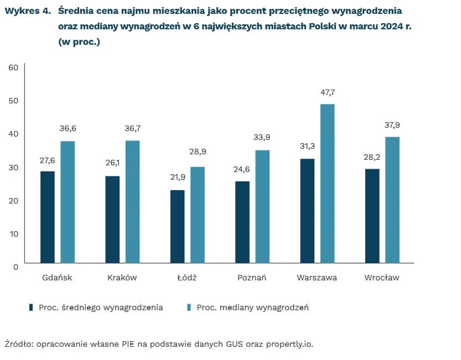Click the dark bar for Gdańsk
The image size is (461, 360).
tap(48, 217)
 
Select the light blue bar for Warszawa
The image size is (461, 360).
tap(327, 184)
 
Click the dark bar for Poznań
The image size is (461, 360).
tap(242, 222)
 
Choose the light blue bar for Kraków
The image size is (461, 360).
tap(132, 202)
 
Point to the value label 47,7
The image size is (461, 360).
tap(328, 92)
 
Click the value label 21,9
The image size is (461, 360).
tap(177, 178)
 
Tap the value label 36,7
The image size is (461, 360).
tap(133, 128)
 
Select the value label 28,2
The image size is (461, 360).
tap(372, 157)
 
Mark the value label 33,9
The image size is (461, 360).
tap(262, 138)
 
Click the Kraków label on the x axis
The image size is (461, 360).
tap(122, 278)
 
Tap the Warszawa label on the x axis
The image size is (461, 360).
tap(317, 278)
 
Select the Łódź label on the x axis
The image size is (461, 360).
tap(187, 278)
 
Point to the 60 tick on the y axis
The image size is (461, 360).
tap(13, 67)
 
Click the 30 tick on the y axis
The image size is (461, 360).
tap(13, 167)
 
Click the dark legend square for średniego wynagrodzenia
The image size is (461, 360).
tap(32, 307)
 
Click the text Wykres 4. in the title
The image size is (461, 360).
tap(28, 11)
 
